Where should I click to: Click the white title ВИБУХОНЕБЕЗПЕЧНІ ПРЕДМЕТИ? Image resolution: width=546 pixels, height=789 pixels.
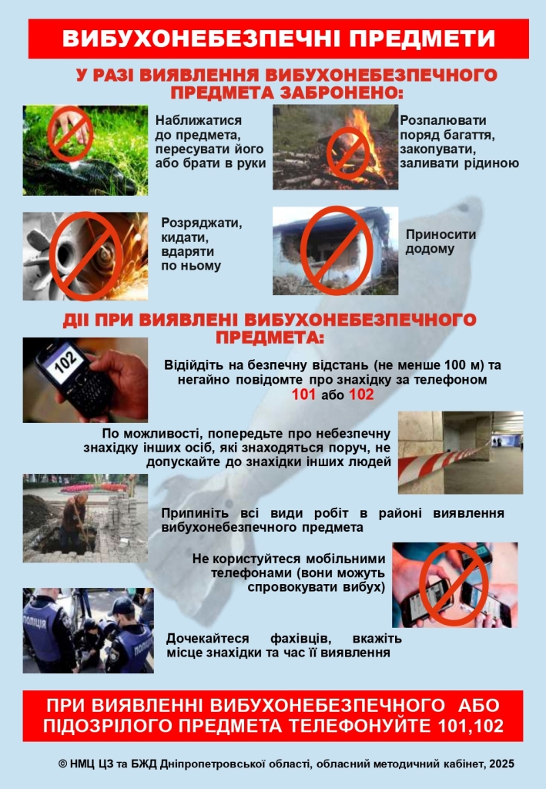(x=279, y=39)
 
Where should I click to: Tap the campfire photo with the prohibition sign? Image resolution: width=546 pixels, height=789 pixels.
(x=336, y=148)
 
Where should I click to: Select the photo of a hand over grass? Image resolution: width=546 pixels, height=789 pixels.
(x=85, y=149)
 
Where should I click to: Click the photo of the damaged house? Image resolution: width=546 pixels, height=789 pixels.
(x=336, y=250)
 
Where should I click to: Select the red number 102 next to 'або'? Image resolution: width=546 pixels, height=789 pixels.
(x=361, y=395)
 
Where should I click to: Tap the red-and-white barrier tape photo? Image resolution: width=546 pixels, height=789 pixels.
(x=460, y=452)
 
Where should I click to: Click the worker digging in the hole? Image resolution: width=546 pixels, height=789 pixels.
(x=75, y=522)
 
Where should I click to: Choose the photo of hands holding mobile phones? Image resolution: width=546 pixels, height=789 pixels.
(x=454, y=585)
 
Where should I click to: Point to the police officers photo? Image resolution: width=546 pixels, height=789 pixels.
(x=88, y=630)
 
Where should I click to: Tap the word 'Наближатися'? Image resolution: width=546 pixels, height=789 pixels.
(x=199, y=120)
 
